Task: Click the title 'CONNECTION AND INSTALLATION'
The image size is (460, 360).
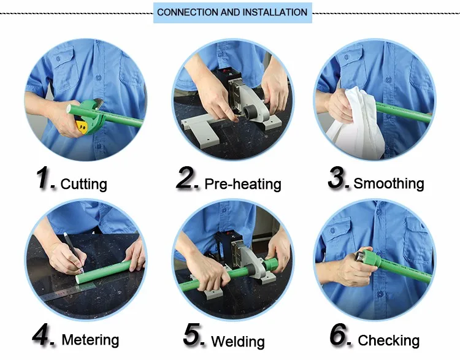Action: coord(232,12)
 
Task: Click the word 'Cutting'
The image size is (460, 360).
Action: coord(83,184)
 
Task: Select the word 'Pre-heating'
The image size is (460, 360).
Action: coord(243,184)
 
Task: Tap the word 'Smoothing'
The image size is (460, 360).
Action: coord(389,183)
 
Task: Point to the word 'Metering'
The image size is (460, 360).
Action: coord(90,340)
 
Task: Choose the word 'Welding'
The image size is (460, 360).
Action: coord(238,342)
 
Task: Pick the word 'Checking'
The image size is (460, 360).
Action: coord(389,340)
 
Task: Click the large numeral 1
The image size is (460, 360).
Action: coord(44,177)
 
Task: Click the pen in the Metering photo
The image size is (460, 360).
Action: coord(74,251)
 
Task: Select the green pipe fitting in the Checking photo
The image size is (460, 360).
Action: coord(371,258)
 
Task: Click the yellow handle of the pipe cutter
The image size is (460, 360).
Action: coord(82,126)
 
